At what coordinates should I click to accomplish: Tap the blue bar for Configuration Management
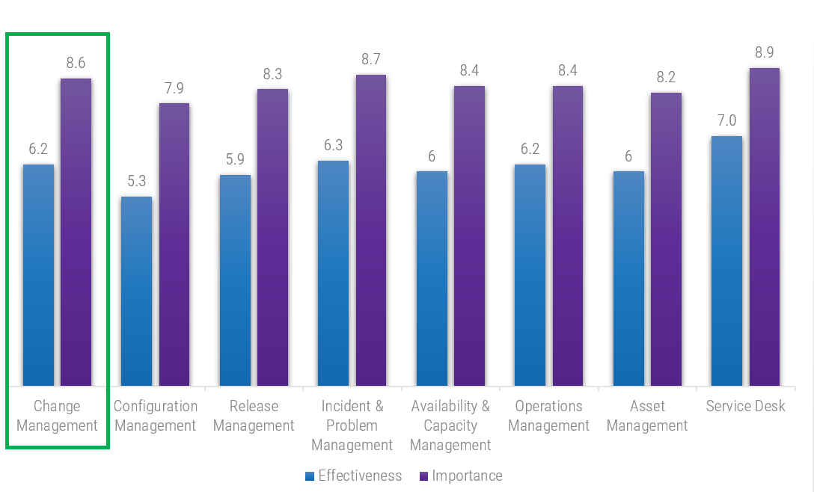point(137,292)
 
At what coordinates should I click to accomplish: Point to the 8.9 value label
point(764,52)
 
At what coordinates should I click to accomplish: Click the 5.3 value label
point(137,181)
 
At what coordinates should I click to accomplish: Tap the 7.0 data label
point(726,120)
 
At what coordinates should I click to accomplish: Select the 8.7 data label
point(370,59)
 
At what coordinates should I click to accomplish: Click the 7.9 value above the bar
point(174,88)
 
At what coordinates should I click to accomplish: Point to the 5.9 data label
point(235,159)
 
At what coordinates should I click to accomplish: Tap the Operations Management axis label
point(548,416)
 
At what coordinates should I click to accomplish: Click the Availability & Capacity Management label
point(450,425)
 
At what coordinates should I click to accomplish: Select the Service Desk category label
point(746,406)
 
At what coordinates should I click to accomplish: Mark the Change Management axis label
point(58,416)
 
